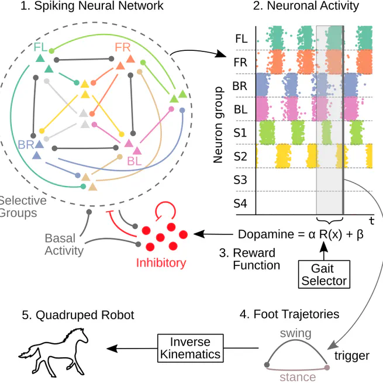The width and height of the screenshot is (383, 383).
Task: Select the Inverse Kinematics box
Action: (190, 347)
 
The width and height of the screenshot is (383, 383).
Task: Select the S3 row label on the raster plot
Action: (240, 180)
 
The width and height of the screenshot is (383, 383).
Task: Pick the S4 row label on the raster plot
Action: (240, 204)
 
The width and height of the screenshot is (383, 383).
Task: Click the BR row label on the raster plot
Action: (240, 85)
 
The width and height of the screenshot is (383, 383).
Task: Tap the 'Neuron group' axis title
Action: (219, 125)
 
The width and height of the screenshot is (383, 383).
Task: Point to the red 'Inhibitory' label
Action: (161, 263)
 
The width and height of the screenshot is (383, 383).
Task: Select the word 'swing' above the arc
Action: (296, 333)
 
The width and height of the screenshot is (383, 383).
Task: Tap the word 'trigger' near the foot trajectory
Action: (352, 356)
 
